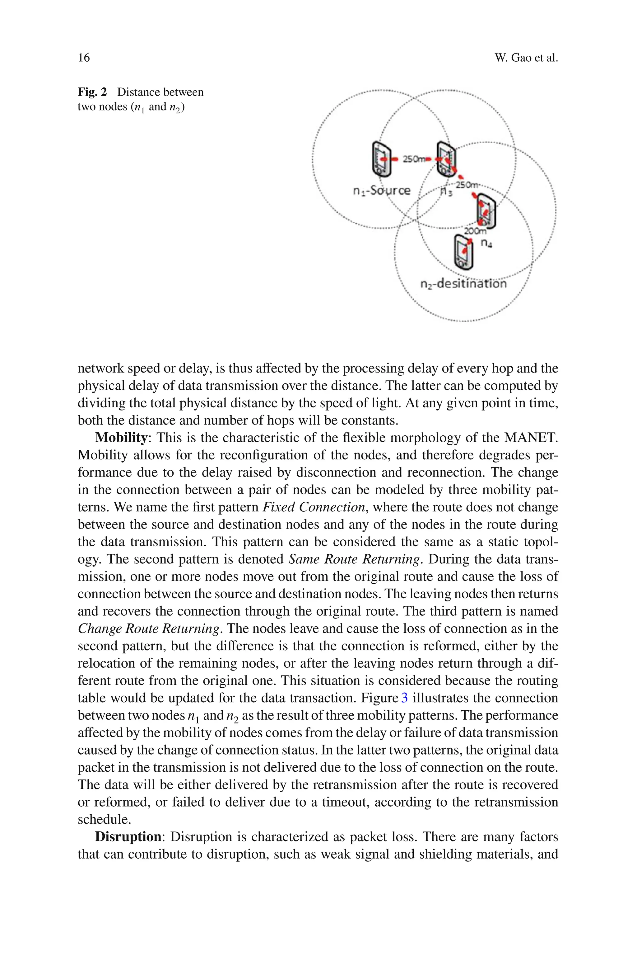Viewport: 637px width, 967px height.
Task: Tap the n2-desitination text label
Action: pyautogui.click(x=463, y=283)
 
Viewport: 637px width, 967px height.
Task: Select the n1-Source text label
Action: pyautogui.click(x=381, y=190)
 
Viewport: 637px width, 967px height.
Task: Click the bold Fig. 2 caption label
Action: pyautogui.click(x=92, y=92)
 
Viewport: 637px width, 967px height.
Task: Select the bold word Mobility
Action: pyautogui.click(x=121, y=438)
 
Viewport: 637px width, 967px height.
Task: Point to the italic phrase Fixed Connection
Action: pyautogui.click(x=314, y=507)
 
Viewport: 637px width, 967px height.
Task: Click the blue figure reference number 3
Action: pyautogui.click(x=404, y=698)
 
